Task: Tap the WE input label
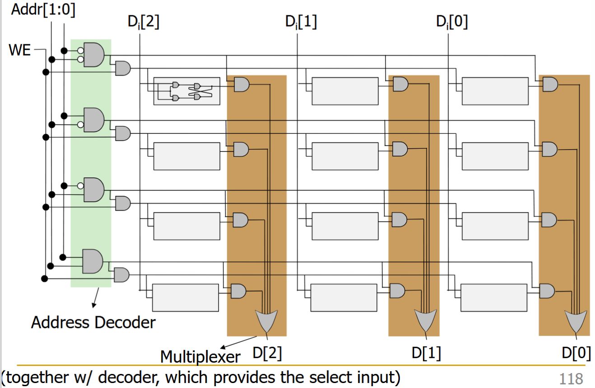click(x=19, y=50)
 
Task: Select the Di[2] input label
click(x=144, y=22)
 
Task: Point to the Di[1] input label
click(x=301, y=22)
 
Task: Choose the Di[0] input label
click(x=452, y=22)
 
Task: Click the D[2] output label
click(x=267, y=353)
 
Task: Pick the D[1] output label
click(x=426, y=353)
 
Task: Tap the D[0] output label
click(x=576, y=353)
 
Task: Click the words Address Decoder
click(x=93, y=322)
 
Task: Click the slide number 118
click(x=571, y=378)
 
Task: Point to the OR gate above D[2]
click(x=266, y=320)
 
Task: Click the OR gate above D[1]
click(x=426, y=320)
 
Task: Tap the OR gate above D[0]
click(x=576, y=320)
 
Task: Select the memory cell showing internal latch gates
click(x=186, y=91)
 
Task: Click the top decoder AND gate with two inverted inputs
click(x=93, y=55)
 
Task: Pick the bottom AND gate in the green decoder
click(x=92, y=261)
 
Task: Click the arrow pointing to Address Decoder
click(x=95, y=299)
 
